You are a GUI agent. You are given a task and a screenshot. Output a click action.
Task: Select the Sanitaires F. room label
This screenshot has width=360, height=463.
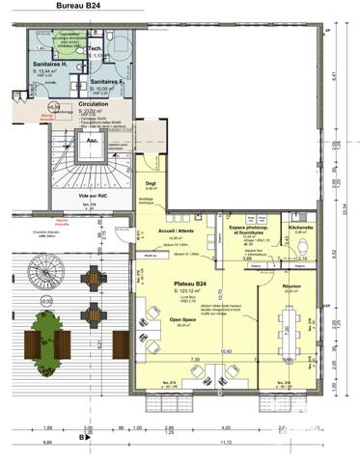click(x=108, y=82)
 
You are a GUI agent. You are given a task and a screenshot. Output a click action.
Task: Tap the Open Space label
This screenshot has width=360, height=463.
click(x=183, y=321)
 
